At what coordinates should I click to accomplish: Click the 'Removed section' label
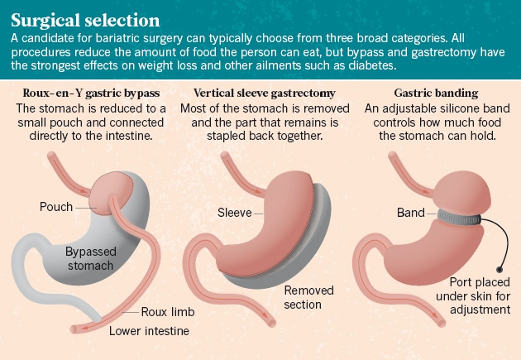[x=308, y=297]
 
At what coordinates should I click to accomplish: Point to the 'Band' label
[x=410, y=214]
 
